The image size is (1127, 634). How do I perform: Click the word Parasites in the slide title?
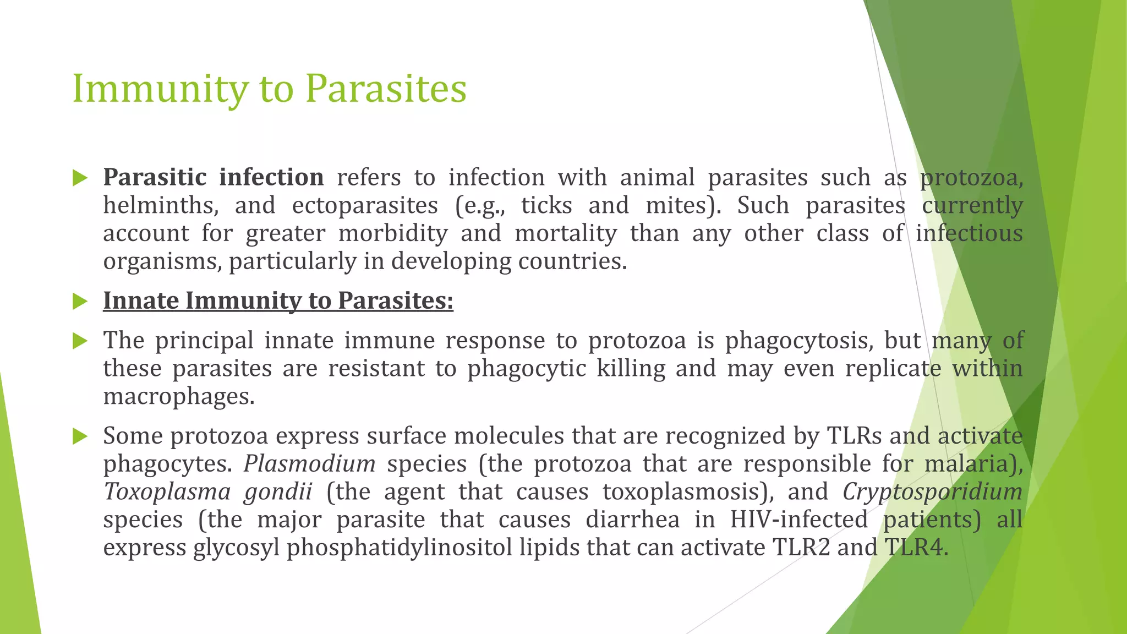[386, 89]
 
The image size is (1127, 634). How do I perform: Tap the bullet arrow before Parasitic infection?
[80, 178]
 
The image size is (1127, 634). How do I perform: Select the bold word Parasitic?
[155, 178]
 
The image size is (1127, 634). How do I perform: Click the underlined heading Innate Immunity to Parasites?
[278, 301]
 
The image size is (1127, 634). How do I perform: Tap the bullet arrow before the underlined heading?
[80, 302]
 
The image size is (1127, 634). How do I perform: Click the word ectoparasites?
[365, 206]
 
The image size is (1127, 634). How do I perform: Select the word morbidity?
[393, 233]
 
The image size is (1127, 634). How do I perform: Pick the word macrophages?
[179, 396]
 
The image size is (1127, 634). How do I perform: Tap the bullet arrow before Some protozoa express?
[80, 437]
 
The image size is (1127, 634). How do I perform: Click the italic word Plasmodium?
[309, 464]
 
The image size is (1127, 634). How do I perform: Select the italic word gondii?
[278, 492]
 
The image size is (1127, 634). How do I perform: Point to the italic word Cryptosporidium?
[932, 492]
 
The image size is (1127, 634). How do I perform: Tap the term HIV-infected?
[799, 520]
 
